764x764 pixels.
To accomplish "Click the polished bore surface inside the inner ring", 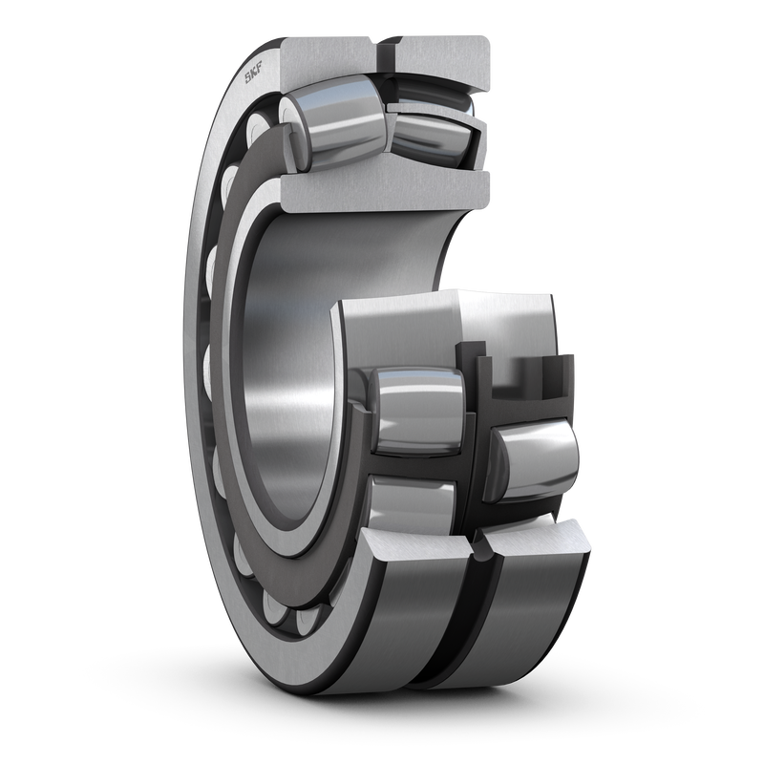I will click(x=286, y=382).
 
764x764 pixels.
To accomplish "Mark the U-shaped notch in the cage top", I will click(x=520, y=377).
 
